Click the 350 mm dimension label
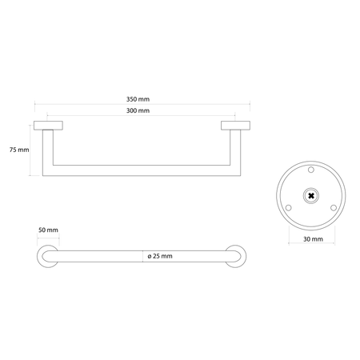138,99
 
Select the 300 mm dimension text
138,110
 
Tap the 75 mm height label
19,150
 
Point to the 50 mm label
48,230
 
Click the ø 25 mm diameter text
160,256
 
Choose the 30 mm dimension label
313,239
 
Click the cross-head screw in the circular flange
311,196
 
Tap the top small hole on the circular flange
311,170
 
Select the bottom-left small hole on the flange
288,208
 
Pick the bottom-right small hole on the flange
334,208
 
